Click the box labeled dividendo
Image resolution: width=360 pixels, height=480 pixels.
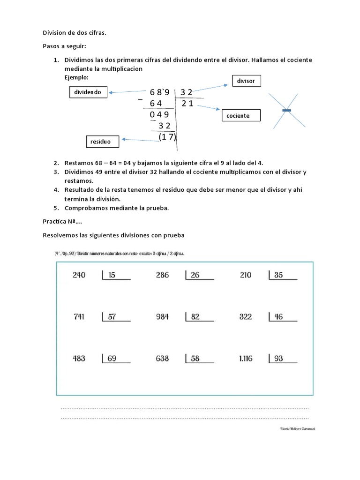(88, 92)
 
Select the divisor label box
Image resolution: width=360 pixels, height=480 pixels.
(246, 81)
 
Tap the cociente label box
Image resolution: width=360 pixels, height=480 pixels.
(240, 115)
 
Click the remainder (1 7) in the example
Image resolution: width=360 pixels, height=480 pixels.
(167, 137)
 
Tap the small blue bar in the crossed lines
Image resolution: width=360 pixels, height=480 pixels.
(287, 110)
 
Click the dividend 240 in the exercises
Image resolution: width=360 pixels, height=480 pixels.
(79, 275)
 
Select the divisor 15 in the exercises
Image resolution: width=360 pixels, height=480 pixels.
(112, 275)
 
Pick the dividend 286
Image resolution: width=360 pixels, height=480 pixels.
(162, 275)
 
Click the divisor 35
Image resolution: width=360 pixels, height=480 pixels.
(278, 275)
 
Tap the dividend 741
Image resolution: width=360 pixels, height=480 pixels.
(79, 317)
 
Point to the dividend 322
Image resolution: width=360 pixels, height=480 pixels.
(246, 317)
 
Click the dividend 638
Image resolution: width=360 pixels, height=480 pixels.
(162, 359)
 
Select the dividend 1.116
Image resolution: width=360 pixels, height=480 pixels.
(245, 359)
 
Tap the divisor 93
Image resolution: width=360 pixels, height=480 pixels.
(278, 359)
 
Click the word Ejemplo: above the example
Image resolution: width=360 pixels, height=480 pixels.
(76, 76)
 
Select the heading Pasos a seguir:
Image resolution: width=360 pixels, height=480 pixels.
(65, 47)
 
